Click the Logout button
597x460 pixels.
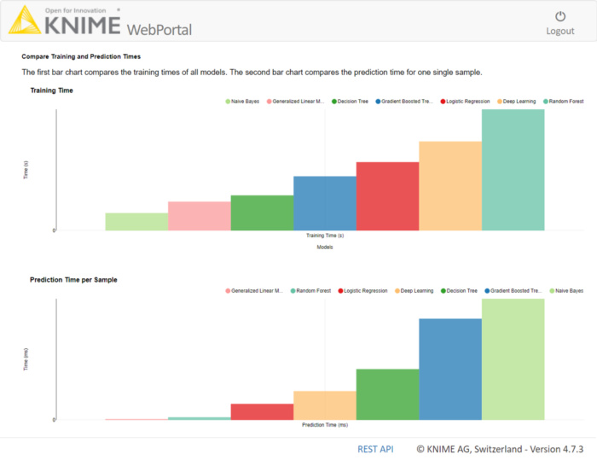[559, 23]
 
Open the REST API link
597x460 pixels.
[375, 449]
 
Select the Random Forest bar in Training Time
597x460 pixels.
[513, 170]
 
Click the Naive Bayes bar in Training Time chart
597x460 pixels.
[136, 222]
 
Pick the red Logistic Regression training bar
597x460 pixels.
[387, 196]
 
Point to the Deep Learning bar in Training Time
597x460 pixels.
[450, 186]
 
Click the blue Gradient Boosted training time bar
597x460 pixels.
[325, 203]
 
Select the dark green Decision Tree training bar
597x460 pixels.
[262, 213]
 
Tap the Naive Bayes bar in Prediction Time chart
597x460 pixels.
[513, 359]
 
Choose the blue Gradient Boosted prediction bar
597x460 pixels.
[450, 369]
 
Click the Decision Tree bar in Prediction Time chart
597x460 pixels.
[387, 394]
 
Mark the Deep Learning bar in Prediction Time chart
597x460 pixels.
[325, 405]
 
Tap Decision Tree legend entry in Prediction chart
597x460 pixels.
[460, 291]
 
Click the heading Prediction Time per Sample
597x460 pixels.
[73, 279]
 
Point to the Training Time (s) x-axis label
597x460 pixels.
[325, 236]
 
